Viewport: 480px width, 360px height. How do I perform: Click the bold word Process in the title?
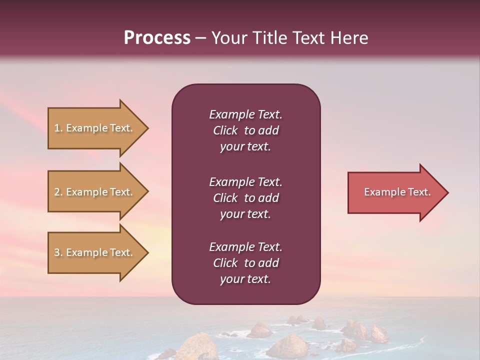(157, 38)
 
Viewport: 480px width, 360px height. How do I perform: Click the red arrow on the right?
(395, 192)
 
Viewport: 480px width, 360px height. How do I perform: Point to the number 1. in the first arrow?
(58, 128)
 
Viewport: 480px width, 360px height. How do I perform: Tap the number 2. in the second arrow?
(58, 192)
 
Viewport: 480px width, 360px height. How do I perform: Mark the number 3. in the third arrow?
(58, 252)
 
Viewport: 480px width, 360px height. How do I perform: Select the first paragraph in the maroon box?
(245, 130)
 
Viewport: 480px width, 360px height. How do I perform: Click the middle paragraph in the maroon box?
(245, 198)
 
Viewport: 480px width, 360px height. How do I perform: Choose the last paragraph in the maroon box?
(245, 263)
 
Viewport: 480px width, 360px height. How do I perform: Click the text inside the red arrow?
(397, 192)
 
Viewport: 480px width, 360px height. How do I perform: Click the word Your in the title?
(228, 38)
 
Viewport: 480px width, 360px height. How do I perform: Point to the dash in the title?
(201, 38)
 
